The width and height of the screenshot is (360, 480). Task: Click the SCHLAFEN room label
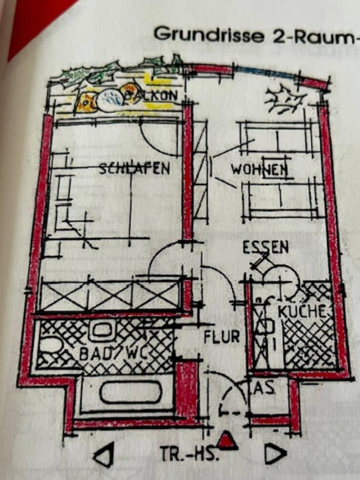click(x=134, y=168)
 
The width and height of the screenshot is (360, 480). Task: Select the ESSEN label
click(x=265, y=247)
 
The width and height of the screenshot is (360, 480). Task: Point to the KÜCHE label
click(x=302, y=311)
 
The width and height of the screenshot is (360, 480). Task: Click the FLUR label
click(x=221, y=337)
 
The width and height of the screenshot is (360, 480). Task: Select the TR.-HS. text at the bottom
click(x=189, y=454)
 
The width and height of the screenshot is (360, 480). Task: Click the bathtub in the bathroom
click(x=130, y=393)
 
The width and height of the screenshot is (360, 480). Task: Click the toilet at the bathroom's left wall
click(x=49, y=345)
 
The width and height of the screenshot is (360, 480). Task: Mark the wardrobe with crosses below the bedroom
click(x=110, y=296)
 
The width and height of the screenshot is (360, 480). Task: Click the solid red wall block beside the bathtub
click(x=188, y=390)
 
